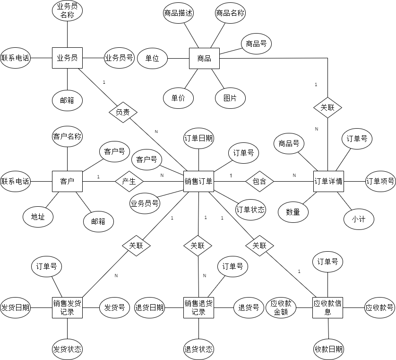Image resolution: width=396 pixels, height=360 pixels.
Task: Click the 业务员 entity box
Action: [67, 58]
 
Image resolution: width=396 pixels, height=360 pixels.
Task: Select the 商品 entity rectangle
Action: [204, 59]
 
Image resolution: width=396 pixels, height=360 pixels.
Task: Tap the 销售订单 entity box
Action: [198, 181]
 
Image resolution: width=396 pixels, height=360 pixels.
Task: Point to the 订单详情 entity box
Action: [328, 181]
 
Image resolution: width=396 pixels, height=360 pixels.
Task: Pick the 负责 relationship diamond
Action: [123, 113]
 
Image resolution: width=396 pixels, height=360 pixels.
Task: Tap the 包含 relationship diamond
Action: [259, 181]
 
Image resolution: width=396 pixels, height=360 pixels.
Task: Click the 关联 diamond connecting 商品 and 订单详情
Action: [327, 107]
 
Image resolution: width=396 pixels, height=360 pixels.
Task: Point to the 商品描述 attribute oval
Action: [178, 13]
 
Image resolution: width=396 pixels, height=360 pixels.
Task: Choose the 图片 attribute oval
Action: [230, 98]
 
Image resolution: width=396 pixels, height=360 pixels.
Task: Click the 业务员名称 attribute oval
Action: [67, 11]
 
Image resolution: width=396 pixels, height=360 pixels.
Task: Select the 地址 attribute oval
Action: [38, 217]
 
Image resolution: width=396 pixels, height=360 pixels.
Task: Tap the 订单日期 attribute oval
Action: [198, 138]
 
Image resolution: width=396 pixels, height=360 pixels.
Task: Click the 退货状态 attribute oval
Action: [198, 350]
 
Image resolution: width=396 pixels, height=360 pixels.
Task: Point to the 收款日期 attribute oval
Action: [328, 350]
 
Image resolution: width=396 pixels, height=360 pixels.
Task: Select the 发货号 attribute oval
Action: [114, 307]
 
